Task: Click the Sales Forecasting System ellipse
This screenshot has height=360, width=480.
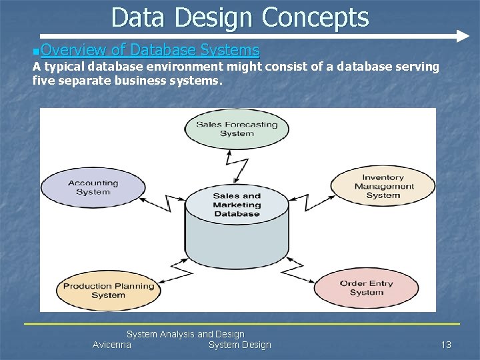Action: click(237, 129)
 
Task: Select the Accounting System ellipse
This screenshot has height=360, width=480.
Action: click(93, 187)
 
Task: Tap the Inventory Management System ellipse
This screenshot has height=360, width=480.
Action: click(383, 187)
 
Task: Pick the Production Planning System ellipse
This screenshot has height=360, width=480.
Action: click(108, 291)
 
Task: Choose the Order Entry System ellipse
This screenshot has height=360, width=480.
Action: click(366, 288)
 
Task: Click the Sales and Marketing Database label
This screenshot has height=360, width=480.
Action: click(237, 205)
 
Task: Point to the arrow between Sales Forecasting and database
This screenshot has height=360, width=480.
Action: click(237, 167)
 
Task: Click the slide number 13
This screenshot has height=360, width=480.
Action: click(446, 345)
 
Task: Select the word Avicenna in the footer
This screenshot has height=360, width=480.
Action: click(112, 345)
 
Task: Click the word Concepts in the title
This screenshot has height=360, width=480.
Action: click(315, 17)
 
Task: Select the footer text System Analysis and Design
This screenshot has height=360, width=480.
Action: click(185, 334)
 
